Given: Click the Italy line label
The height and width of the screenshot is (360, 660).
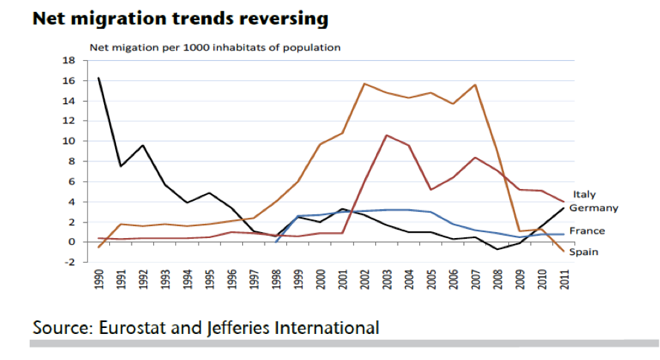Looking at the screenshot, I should click(x=584, y=195).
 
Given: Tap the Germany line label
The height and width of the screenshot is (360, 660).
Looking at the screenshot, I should click(x=594, y=208).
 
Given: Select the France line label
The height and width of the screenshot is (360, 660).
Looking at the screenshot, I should click(x=586, y=231).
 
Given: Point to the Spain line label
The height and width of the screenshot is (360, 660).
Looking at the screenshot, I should click(x=584, y=252).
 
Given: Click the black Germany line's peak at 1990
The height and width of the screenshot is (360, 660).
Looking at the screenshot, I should click(x=99, y=77).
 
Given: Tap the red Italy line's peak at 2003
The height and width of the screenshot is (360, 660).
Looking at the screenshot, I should click(x=387, y=135).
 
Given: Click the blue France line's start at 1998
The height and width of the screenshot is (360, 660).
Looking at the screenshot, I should click(x=276, y=242).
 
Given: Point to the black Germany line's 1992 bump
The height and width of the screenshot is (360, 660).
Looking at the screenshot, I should click(x=143, y=145).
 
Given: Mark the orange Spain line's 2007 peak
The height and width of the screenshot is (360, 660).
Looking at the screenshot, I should click(x=476, y=85).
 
